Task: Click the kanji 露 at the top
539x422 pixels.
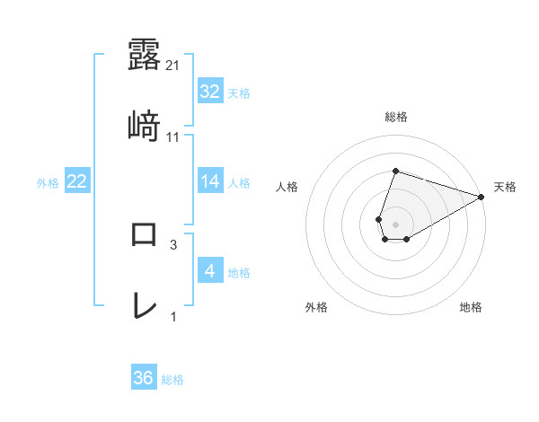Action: pos(144,53)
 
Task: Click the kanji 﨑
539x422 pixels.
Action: pos(144,125)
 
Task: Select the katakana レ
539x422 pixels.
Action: pos(144,305)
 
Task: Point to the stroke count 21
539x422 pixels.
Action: pos(173,66)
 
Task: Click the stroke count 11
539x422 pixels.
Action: pos(173,137)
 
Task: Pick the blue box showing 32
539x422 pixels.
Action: pos(209,92)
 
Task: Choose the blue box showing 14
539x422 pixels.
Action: pos(209,181)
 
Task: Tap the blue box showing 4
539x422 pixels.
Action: pos(209,271)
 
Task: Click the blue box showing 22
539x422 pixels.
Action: pos(77,181)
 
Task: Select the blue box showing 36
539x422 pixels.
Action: pos(144,378)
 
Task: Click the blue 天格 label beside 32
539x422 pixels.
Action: pos(239,92)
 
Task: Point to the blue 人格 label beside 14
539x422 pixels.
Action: pos(239,182)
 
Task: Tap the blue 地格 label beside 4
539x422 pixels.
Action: pos(239,272)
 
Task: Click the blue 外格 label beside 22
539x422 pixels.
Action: pos(48,182)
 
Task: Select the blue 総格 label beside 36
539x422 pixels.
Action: pos(172,379)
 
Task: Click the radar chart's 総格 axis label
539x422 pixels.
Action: pos(395,117)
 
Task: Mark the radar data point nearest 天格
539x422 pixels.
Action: pos(481,197)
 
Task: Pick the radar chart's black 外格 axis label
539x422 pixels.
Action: pos(316,307)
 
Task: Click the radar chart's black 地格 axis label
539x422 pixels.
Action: pos(471,307)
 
